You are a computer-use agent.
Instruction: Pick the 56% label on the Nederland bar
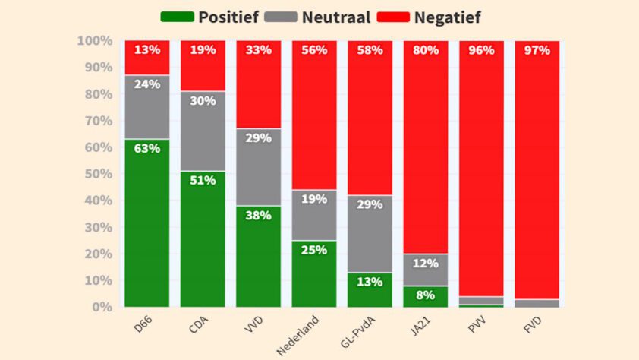pos(314,50)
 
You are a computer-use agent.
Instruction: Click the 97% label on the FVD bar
pos(537,50)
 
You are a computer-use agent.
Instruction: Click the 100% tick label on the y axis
pos(95,40)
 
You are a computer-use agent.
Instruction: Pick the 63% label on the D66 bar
pos(147,148)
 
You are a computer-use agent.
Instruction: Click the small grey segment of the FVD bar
pos(537,303)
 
